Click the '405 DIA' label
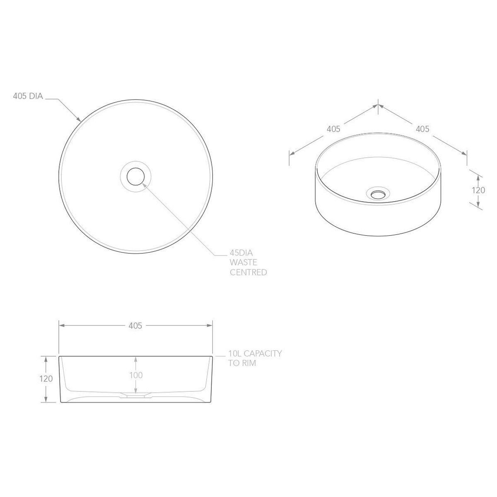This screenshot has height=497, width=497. pos(28,96)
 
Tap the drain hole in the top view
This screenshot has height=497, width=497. pos(135,176)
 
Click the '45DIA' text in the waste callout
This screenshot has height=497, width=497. pos(241,253)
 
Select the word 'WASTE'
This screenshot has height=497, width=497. pos(243,263)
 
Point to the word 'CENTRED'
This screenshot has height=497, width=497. pos(248,273)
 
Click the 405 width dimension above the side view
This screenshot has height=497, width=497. pos(135,326)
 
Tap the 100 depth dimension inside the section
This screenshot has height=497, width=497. pos(136,375)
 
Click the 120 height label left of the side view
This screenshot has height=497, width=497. pos(46,379)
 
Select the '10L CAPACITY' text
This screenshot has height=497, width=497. pos(255,353)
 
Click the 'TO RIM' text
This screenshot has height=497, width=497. pos(242,363)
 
